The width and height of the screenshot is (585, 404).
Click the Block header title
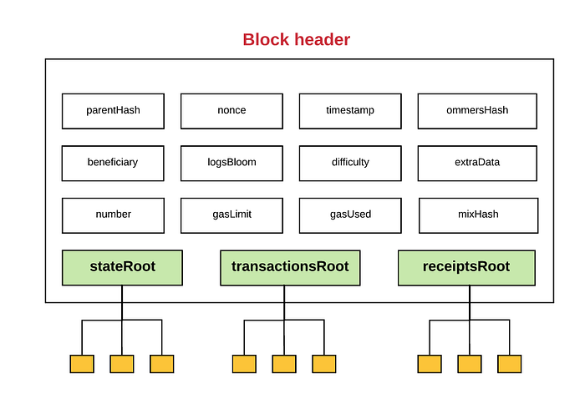(x=296, y=39)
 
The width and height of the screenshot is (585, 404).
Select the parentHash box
(x=113, y=111)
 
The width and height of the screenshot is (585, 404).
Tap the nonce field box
(x=231, y=111)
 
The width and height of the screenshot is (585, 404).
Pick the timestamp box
(x=350, y=111)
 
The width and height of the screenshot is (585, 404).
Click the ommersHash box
(x=477, y=111)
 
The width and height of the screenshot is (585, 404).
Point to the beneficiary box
(x=113, y=164)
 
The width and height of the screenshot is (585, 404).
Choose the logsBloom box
(x=231, y=164)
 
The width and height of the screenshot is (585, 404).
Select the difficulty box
(x=350, y=164)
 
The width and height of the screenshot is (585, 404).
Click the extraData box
(x=477, y=164)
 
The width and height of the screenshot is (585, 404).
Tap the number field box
(x=113, y=215)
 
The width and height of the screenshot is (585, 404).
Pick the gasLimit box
(x=231, y=215)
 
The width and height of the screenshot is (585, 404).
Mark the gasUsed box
(x=350, y=215)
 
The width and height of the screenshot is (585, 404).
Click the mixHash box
(x=478, y=215)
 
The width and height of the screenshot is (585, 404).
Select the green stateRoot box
(x=122, y=268)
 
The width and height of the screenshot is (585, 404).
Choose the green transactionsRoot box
(x=290, y=268)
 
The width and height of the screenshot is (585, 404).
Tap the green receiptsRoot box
(x=466, y=268)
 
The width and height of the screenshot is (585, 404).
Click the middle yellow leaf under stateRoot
(x=122, y=364)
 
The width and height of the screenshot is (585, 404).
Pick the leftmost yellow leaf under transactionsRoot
(x=244, y=364)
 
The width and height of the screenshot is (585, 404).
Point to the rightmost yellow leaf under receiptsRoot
(x=509, y=364)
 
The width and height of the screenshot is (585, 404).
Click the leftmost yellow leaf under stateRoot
(x=82, y=364)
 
